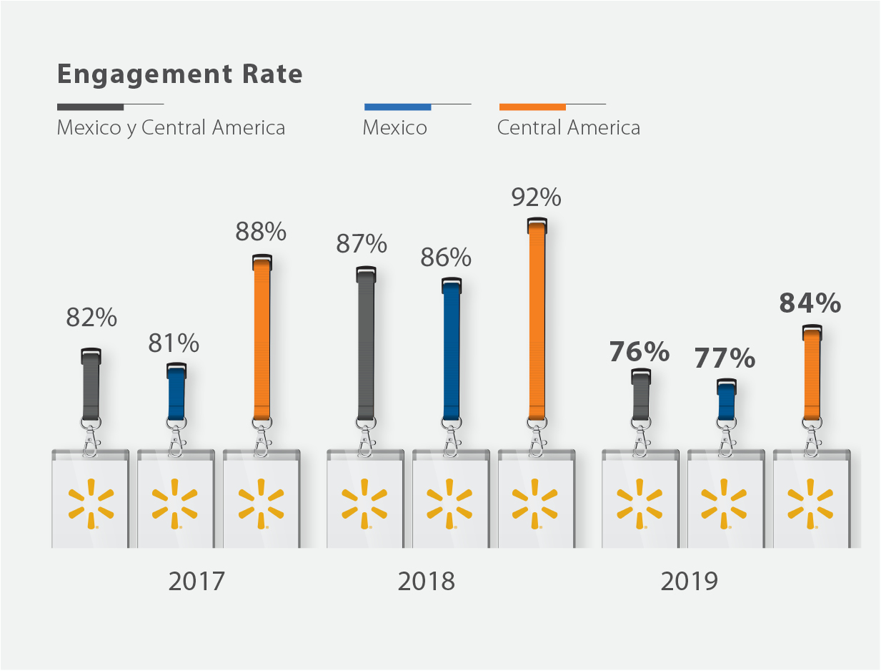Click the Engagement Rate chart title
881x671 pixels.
tap(179, 74)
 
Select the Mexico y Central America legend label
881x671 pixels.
tap(171, 128)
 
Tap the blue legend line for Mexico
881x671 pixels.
tap(397, 107)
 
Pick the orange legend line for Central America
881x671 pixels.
tap(532, 107)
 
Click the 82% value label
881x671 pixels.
tap(91, 318)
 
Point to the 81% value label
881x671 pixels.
tap(174, 344)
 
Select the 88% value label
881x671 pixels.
tap(261, 232)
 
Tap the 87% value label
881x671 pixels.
tap(362, 245)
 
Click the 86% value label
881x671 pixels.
tap(446, 258)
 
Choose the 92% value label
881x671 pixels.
tap(536, 197)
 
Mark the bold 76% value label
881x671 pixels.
tap(639, 352)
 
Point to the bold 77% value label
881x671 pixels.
tap(725, 358)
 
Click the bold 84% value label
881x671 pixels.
tap(810, 303)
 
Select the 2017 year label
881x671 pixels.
tap(196, 581)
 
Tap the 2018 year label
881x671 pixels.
tap(426, 581)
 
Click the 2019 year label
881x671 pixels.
tap(689, 581)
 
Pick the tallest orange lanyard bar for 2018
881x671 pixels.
tap(537, 322)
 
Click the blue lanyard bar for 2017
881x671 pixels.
tap(176, 393)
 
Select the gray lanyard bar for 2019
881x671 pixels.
tap(641, 397)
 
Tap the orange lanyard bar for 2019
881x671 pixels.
tap(812, 376)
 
